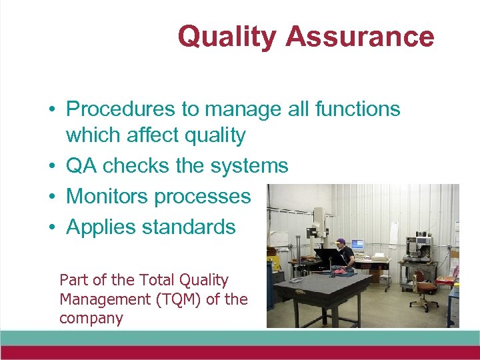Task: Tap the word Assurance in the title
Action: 360,36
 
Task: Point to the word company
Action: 91,318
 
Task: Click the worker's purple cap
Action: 341,241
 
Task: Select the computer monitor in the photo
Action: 357,244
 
